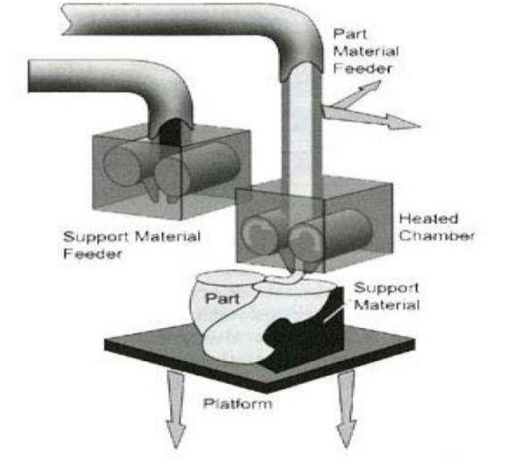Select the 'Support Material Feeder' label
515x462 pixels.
131,244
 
